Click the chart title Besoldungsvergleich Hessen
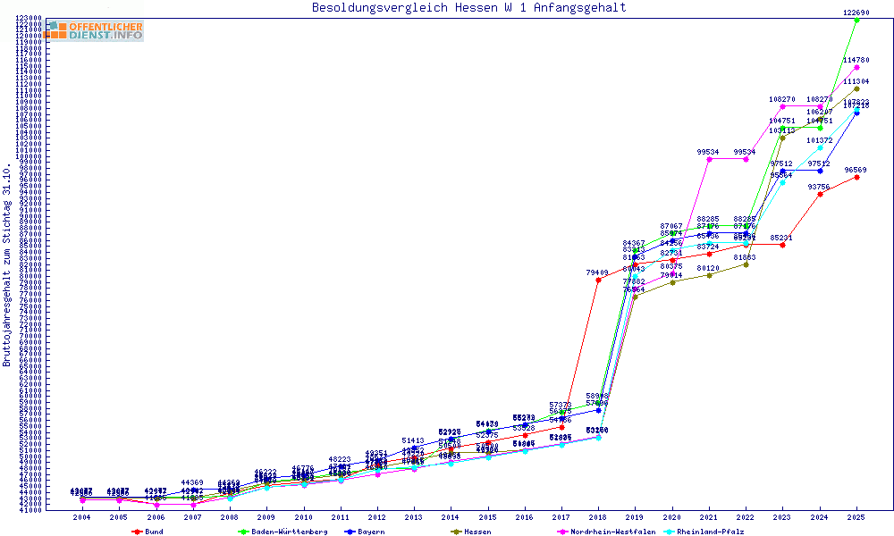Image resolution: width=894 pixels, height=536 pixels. tap(468, 8)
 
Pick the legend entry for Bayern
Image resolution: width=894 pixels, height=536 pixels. tap(370, 532)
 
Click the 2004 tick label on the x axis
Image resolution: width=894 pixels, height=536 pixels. tap(81, 517)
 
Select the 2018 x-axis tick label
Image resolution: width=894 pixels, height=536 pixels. tap(597, 517)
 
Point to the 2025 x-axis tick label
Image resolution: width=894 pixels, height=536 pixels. tap(856, 517)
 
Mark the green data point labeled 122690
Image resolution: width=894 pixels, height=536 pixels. tap(856, 20)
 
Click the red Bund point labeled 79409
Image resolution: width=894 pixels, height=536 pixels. tap(598, 280)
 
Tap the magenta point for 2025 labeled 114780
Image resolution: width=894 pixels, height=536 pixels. tap(856, 67)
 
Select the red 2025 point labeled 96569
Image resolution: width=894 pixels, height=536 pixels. tap(856, 177)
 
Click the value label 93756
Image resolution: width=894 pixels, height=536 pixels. tap(819, 187)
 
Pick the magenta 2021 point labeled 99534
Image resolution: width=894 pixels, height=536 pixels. tap(709, 159)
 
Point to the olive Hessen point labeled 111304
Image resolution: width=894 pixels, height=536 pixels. tap(856, 88)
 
